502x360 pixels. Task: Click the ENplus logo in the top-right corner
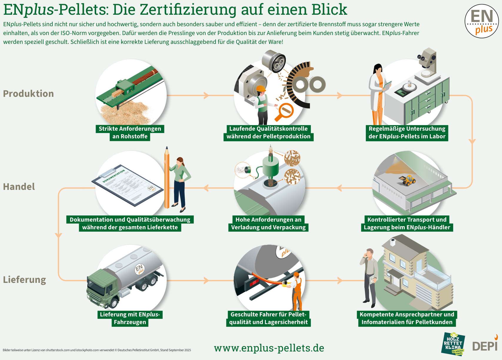click(482, 21)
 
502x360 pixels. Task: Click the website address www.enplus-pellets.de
click(269, 348)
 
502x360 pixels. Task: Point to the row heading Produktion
click(29, 94)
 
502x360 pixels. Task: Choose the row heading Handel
click(19, 187)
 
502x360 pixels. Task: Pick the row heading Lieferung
click(24, 280)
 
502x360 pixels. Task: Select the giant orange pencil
click(167, 177)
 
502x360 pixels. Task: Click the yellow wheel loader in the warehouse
click(407, 180)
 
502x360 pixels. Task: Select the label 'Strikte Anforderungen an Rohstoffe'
click(130, 132)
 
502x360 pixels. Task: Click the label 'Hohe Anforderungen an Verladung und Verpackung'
click(268, 223)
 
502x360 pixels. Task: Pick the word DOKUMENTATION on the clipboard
click(114, 176)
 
